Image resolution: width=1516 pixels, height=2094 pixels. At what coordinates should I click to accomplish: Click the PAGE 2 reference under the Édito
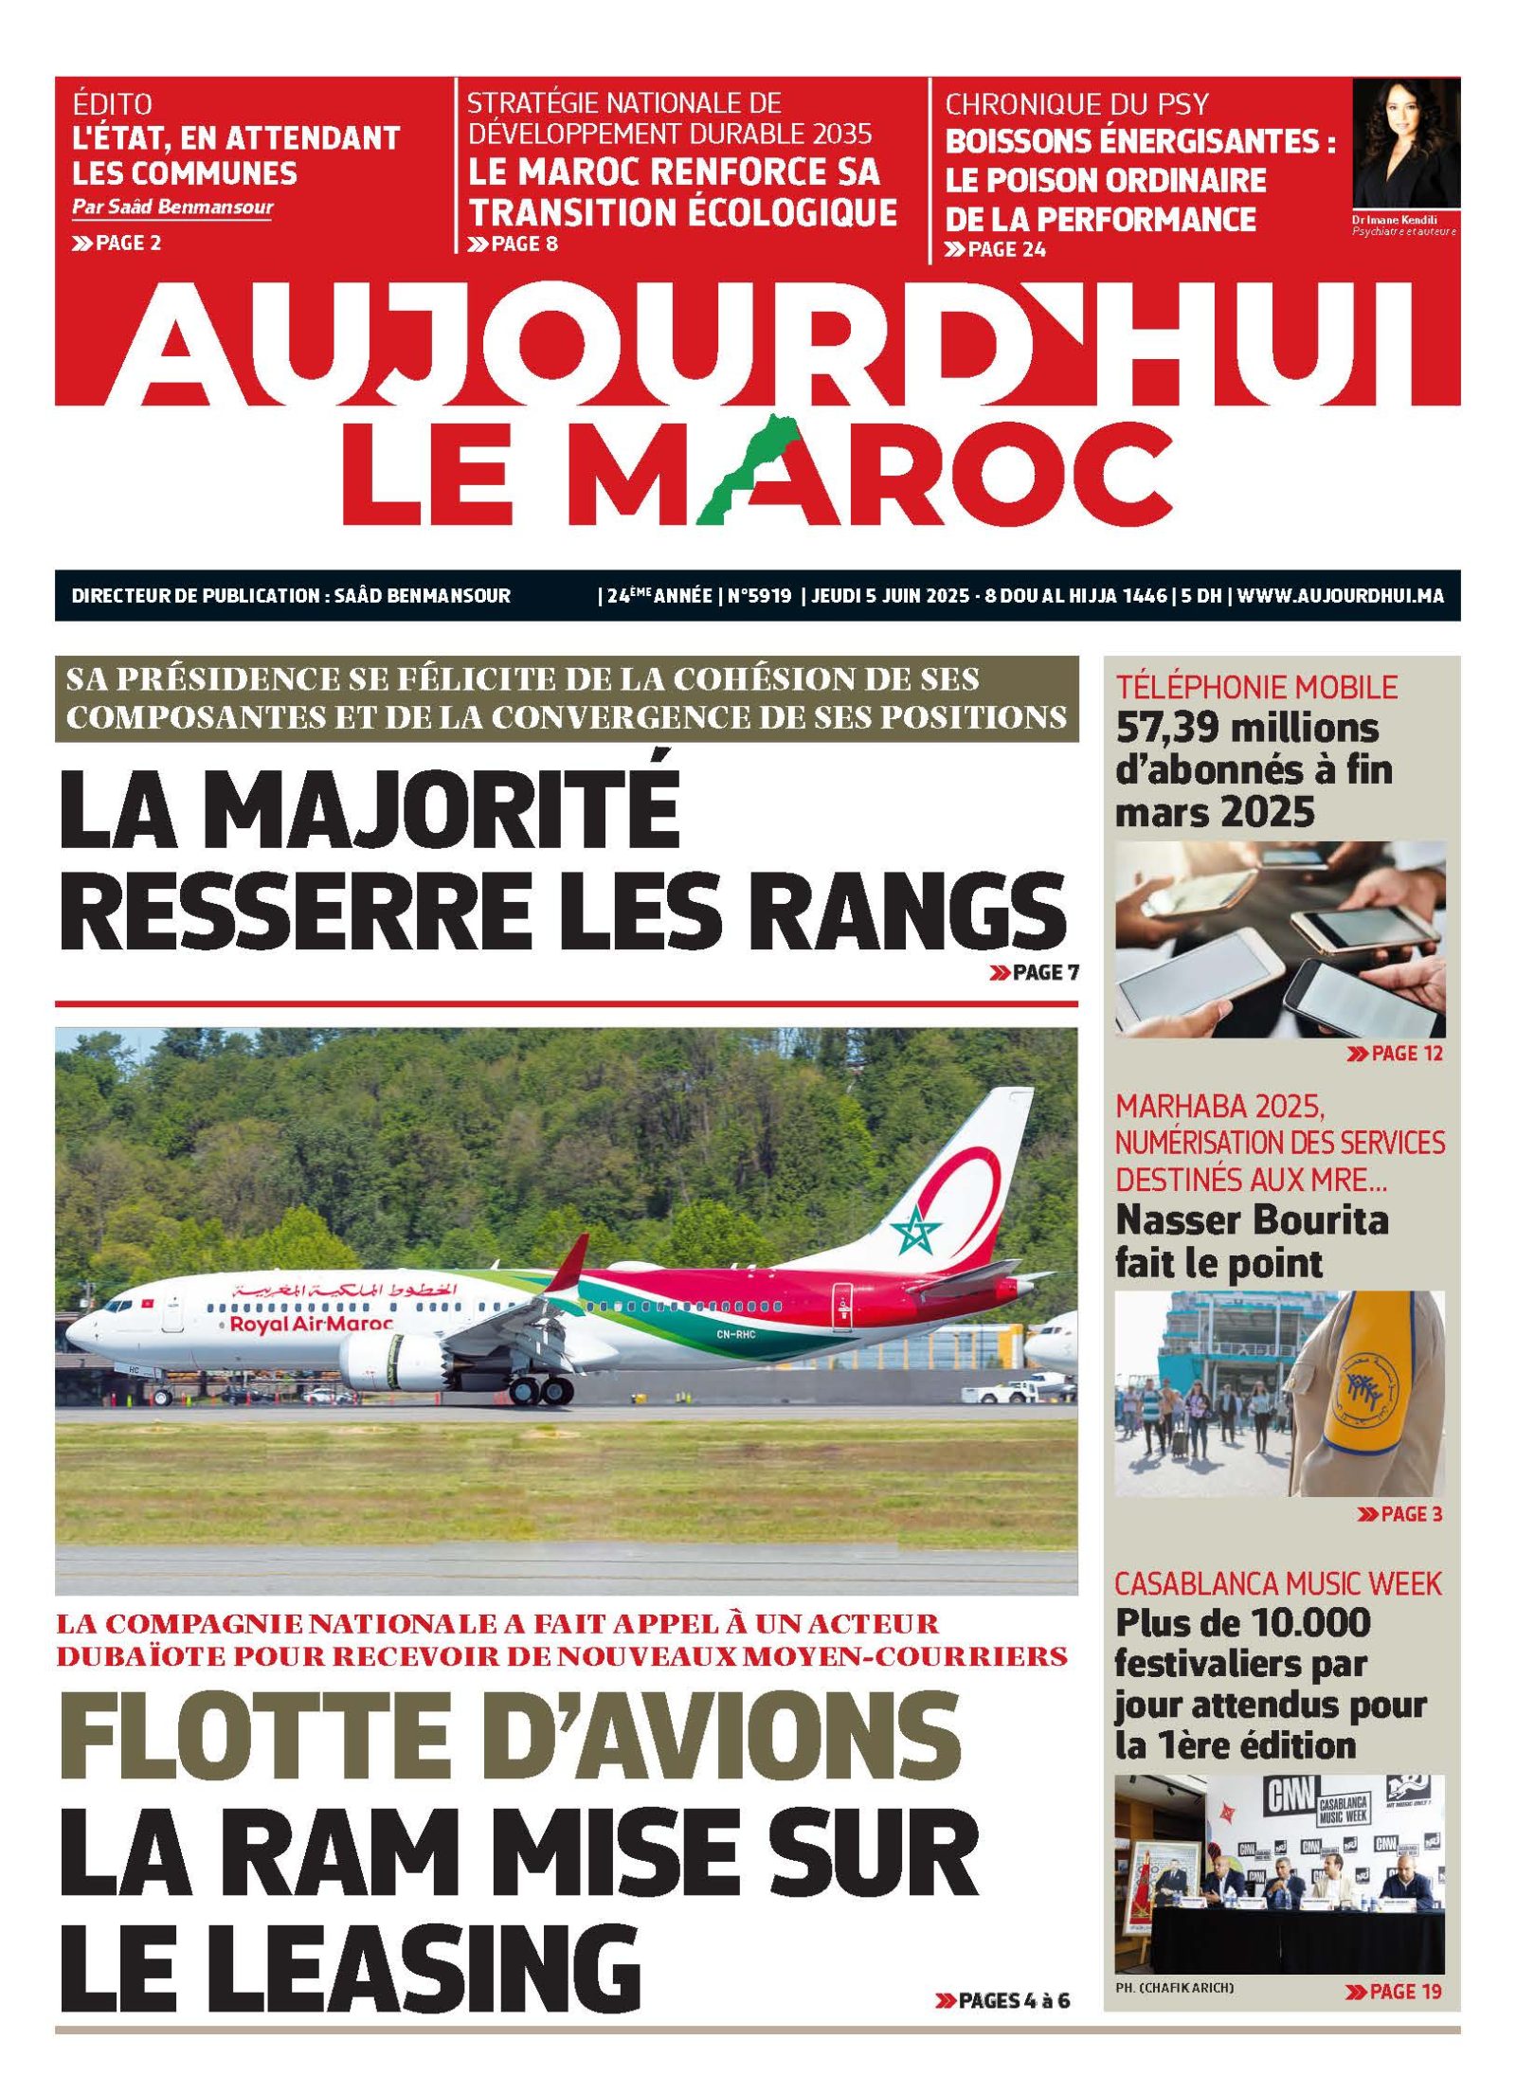click(117, 243)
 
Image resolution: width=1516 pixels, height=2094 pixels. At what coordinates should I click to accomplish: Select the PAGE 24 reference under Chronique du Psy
click(995, 249)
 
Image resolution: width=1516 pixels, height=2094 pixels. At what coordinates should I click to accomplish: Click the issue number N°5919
click(759, 595)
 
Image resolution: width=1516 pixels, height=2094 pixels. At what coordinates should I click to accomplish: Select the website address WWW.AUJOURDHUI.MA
click(1340, 595)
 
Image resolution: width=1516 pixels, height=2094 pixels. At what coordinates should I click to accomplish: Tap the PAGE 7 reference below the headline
click(1034, 971)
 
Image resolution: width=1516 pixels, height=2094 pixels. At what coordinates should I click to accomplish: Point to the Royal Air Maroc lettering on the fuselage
click(311, 1324)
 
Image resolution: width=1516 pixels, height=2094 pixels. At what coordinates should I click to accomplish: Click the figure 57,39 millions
click(1247, 728)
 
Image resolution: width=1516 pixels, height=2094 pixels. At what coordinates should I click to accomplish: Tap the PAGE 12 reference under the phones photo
click(1395, 1053)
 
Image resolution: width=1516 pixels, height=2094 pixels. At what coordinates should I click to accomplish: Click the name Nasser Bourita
click(1251, 1220)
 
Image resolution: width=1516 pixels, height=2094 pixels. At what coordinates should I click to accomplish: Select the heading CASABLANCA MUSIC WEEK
click(1277, 1583)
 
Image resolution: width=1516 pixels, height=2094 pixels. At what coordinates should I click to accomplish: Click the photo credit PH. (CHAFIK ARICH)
click(1174, 1988)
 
